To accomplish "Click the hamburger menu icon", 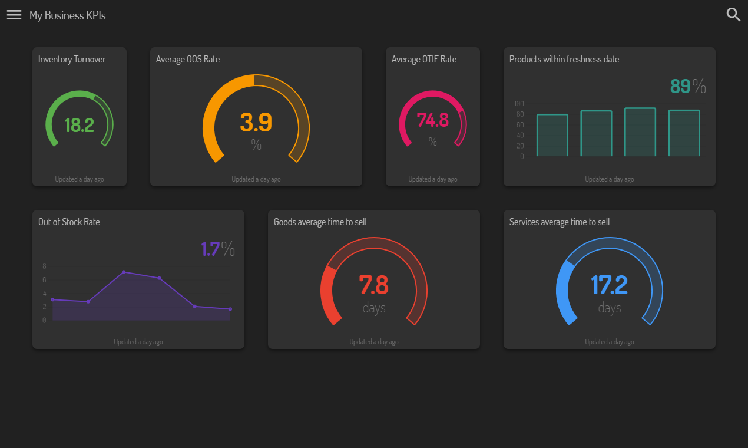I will click(x=14, y=15).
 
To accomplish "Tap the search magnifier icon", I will click(x=733, y=15).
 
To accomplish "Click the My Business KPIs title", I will click(x=68, y=15).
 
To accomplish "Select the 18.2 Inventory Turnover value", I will click(x=79, y=125).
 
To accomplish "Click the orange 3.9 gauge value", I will click(x=256, y=122).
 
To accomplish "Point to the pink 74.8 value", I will click(x=432, y=120).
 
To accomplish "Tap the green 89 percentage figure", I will click(x=680, y=86).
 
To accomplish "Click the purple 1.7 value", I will click(x=210, y=249).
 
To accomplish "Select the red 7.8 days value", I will click(x=373, y=285).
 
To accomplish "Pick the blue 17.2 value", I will click(x=609, y=285).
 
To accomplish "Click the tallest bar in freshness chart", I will click(x=640, y=132).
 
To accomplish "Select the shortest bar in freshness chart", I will click(x=552, y=136).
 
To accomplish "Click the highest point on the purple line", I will click(x=124, y=272).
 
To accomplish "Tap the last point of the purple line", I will click(x=230, y=309).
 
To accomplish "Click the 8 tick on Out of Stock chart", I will click(x=44, y=266).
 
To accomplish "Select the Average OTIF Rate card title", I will click(x=424, y=59).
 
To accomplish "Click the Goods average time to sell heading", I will click(x=320, y=222).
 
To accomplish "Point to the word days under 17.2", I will click(x=610, y=308).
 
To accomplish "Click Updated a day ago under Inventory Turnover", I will click(x=80, y=179).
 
